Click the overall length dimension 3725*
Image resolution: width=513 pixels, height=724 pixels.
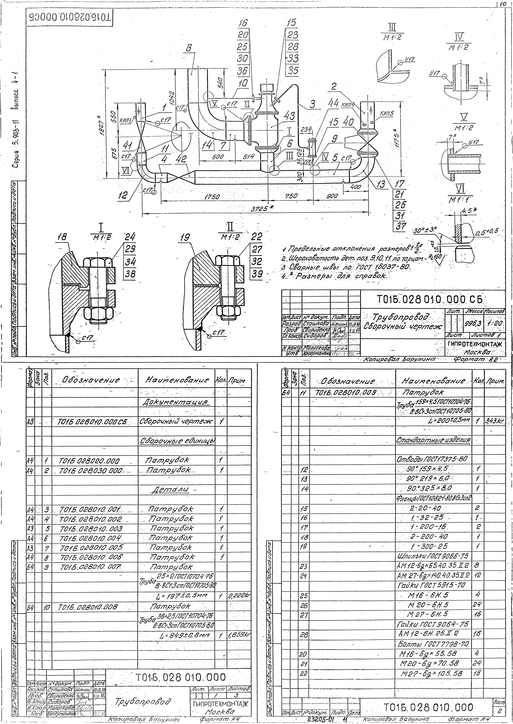point(262,209)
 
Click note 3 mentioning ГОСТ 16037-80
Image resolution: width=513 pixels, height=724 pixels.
point(347,267)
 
